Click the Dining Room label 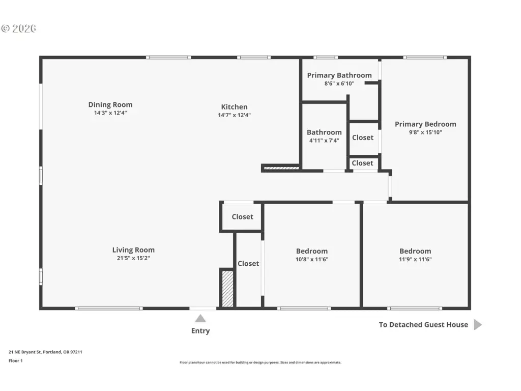pyautogui.click(x=110, y=105)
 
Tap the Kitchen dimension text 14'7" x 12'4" pyautogui.click(x=234, y=115)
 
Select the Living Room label pyautogui.click(x=133, y=250)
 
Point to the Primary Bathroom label pyautogui.click(x=339, y=75)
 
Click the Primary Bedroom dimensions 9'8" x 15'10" pyautogui.click(x=425, y=132)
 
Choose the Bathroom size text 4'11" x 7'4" pyautogui.click(x=324, y=141)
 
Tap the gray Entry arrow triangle pyautogui.click(x=200, y=319)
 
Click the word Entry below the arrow pyautogui.click(x=200, y=331)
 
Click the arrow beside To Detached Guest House pyautogui.click(x=477, y=324)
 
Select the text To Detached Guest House pyautogui.click(x=423, y=325)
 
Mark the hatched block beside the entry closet pyautogui.click(x=227, y=289)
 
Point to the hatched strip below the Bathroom pyautogui.click(x=281, y=168)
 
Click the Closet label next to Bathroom pyautogui.click(x=362, y=137)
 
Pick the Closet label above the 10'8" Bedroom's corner pyautogui.click(x=243, y=217)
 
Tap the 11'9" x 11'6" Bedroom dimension pyautogui.click(x=415, y=259)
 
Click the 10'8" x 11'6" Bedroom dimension pyautogui.click(x=312, y=259)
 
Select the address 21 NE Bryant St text pyautogui.click(x=25, y=352)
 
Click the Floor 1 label pyautogui.click(x=16, y=361)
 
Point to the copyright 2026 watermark pyautogui.click(x=19, y=29)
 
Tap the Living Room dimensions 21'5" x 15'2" pyautogui.click(x=133, y=258)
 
